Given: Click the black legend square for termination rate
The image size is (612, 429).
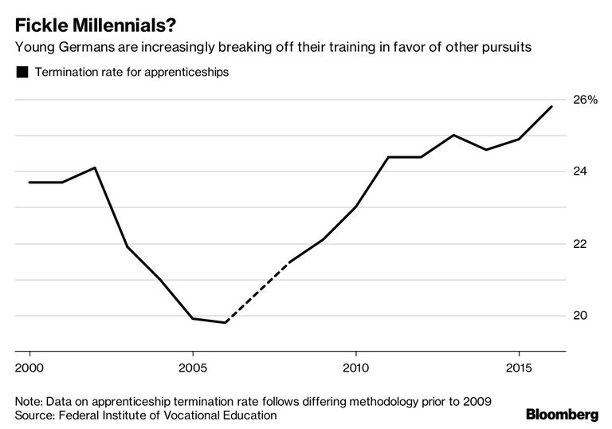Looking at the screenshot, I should tap(22, 73).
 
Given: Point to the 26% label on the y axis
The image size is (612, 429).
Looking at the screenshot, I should tap(585, 100).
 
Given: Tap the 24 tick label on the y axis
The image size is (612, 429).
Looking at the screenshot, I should tap(580, 171).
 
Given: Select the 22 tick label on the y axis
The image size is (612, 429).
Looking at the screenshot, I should tap(580, 243).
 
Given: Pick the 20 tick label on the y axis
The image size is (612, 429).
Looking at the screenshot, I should tap(580, 315).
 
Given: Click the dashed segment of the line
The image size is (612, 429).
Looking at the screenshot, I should tap(258, 292).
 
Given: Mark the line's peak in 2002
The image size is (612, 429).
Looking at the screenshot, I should tap(95, 167).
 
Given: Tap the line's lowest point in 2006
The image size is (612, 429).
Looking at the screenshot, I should tap(226, 322).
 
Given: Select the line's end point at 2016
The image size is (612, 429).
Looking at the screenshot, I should tap(551, 107).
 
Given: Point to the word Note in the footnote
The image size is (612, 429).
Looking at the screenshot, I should tap(29, 399).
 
